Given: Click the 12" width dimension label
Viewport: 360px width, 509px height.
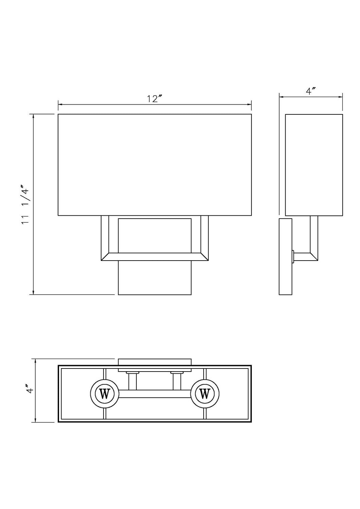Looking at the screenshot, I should [155, 99].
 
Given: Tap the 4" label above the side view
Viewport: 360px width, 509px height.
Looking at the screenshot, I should [311, 91].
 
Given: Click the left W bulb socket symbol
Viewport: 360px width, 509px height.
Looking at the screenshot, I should [105, 394].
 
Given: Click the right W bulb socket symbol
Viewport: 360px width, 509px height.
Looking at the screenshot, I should [204, 394].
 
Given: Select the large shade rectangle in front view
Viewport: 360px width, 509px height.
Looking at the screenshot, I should [155, 165].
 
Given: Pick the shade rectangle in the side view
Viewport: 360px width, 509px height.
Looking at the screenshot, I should [314, 165].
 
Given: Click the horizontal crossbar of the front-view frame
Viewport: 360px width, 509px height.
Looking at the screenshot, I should [155, 257].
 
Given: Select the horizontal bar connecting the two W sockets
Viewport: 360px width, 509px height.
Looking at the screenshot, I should [155, 394].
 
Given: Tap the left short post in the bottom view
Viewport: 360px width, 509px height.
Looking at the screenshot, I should [132, 381].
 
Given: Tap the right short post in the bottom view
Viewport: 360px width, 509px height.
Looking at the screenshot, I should [177, 381].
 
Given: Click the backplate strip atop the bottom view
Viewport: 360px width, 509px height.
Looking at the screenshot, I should [155, 362].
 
